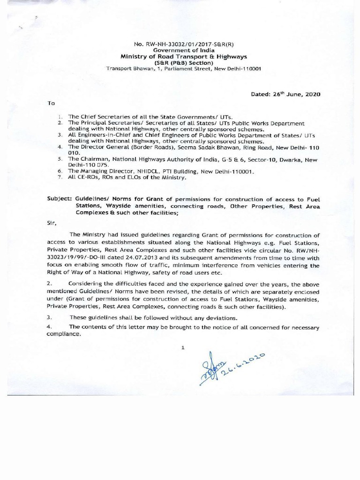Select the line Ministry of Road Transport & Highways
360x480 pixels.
183,57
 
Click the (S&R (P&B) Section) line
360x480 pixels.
183,62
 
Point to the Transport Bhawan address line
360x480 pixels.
183,68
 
